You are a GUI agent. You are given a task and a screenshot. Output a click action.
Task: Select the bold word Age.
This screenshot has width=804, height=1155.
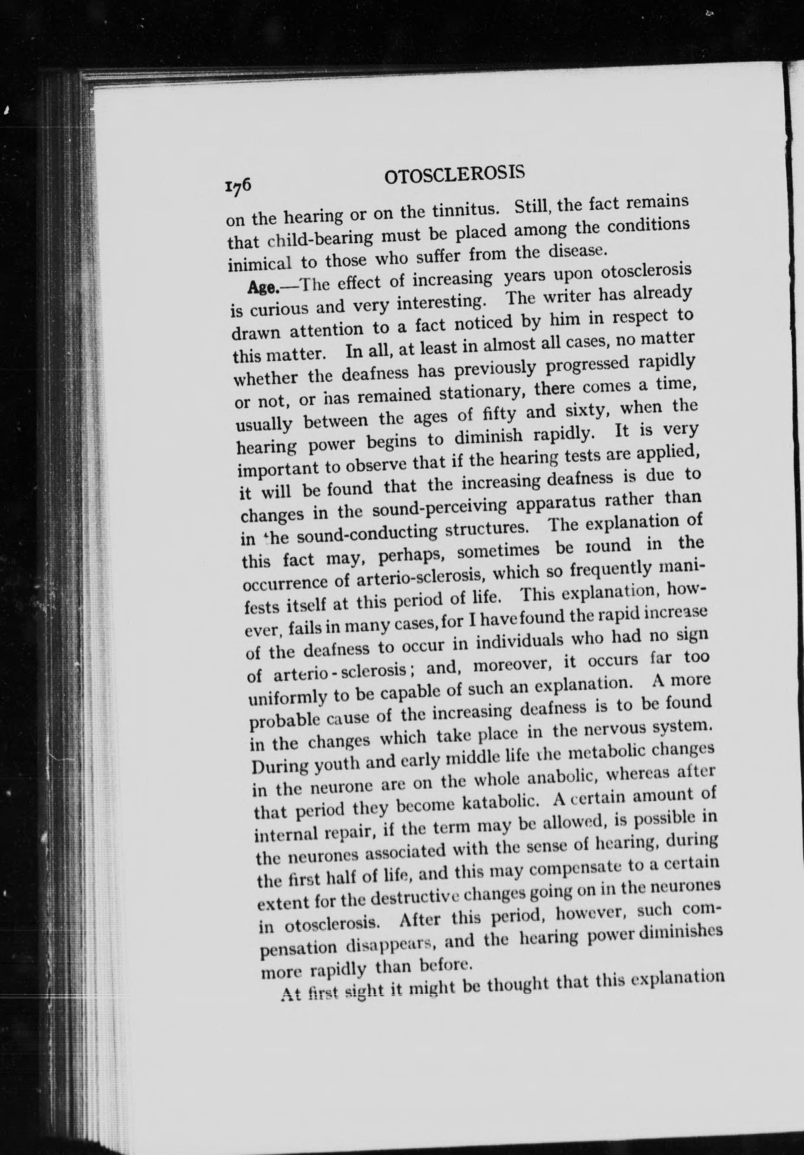[x=260, y=288]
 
